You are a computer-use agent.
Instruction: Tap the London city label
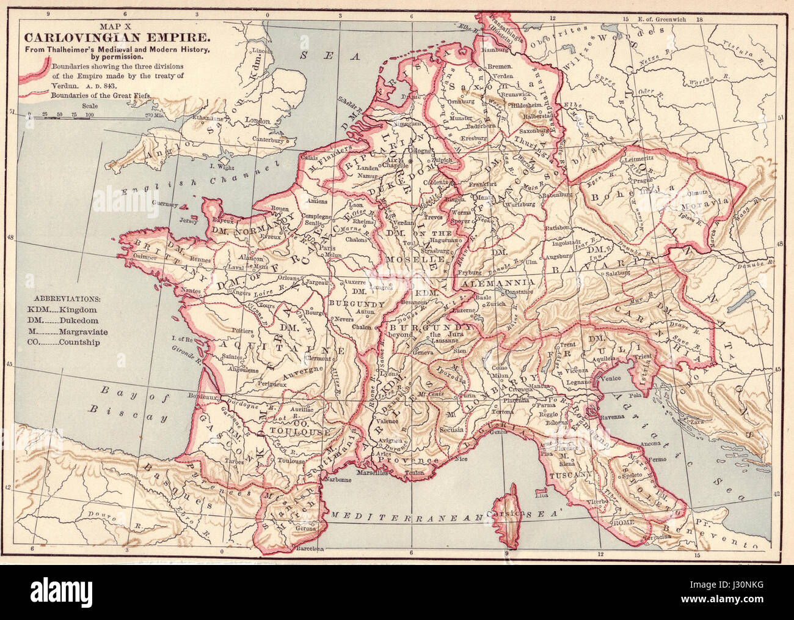pos(257,121)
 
